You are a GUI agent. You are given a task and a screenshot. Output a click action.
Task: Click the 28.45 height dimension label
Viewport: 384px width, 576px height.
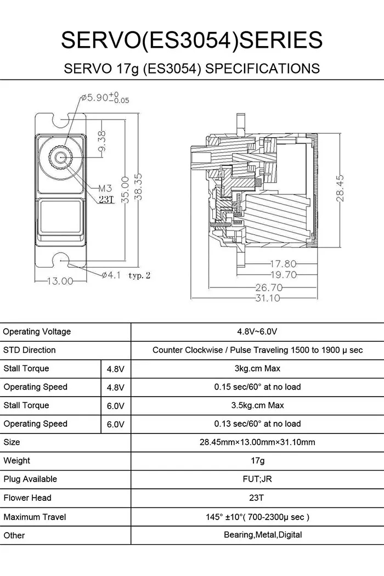(341, 188)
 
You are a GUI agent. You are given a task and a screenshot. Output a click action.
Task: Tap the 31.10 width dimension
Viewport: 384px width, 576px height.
(267, 298)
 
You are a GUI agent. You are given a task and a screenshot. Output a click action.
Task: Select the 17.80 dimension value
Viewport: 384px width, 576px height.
(283, 264)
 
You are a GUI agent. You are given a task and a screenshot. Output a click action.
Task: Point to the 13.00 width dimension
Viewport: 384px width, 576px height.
(59, 281)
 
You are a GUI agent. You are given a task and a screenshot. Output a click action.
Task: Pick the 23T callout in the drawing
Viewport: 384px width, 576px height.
(105, 200)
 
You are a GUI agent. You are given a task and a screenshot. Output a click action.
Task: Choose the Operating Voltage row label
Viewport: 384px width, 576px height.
(37, 331)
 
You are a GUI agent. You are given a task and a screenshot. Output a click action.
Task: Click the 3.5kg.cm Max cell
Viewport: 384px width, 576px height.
(257, 405)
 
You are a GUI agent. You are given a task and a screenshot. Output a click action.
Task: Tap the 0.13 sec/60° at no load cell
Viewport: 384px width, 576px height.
(257, 423)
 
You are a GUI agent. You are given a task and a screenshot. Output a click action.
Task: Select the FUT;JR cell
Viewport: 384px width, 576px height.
(257, 479)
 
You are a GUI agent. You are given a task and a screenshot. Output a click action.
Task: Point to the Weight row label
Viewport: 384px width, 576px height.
(17, 461)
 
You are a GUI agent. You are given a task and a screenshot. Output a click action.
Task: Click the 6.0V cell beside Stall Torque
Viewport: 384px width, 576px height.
(115, 405)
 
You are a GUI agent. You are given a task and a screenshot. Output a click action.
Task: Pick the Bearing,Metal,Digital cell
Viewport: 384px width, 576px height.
(263, 535)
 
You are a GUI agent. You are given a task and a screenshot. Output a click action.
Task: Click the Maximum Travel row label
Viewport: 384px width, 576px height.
(35, 517)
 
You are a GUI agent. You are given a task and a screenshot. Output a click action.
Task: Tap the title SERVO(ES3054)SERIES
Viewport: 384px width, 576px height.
(191, 40)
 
